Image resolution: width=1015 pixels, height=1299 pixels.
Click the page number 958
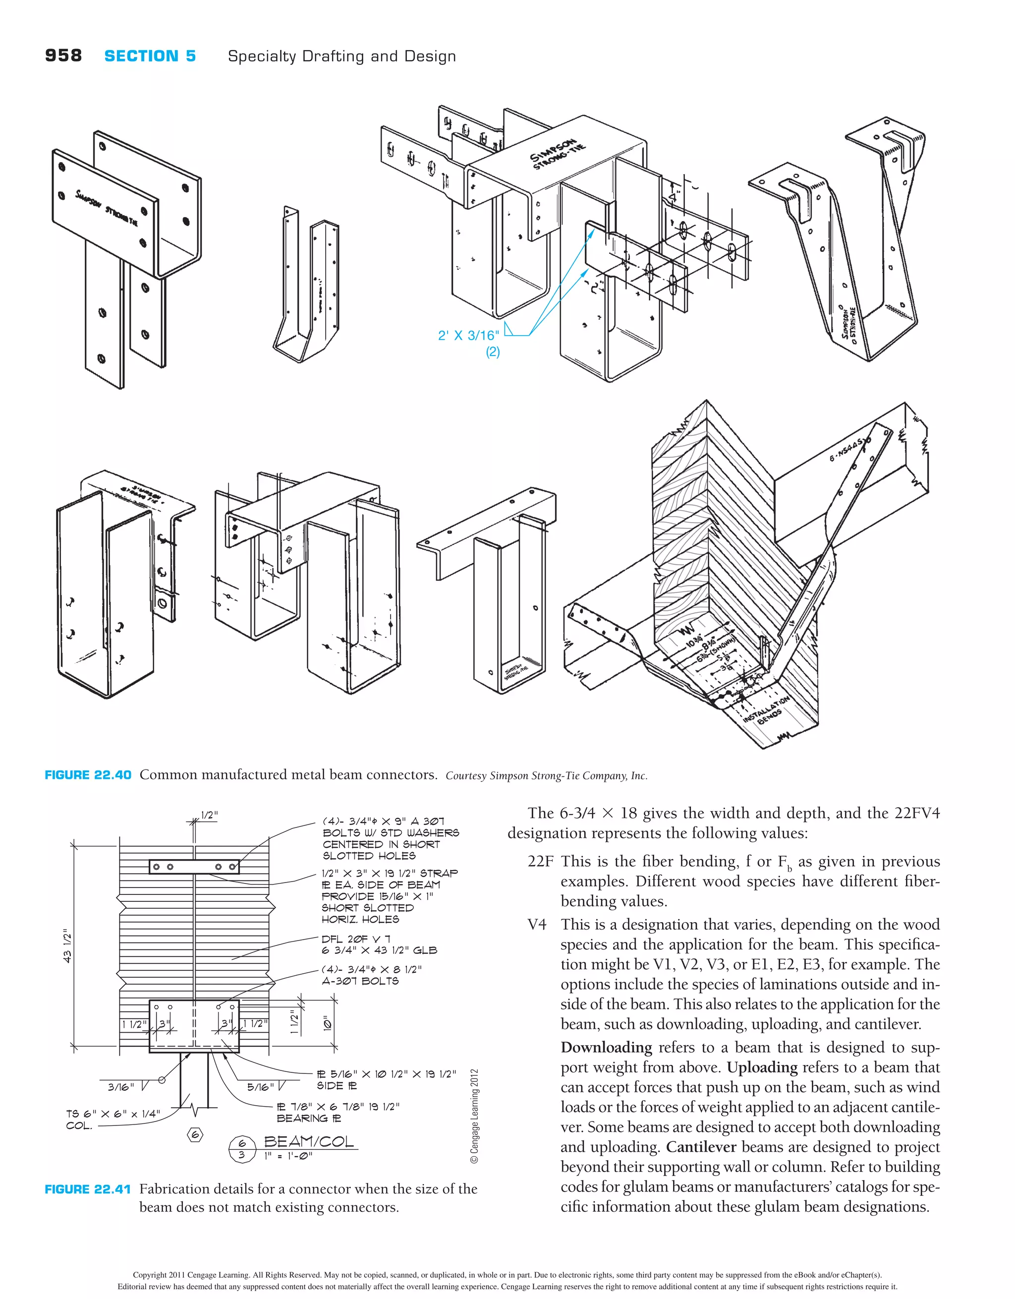point(63,56)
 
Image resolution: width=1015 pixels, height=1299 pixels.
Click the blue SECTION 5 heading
point(150,57)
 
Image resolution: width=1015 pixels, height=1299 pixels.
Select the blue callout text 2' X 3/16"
point(468,336)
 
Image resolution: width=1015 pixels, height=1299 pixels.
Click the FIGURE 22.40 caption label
point(88,775)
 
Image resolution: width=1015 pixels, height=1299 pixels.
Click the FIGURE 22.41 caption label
point(88,1189)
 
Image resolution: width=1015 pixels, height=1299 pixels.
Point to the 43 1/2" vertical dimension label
point(67,945)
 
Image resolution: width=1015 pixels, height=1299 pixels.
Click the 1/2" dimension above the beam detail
point(209,816)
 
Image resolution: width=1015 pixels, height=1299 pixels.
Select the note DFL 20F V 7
point(355,939)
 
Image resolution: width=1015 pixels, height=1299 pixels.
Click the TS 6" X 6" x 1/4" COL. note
point(113,1120)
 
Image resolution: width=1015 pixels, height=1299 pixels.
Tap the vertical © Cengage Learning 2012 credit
point(474,1117)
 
